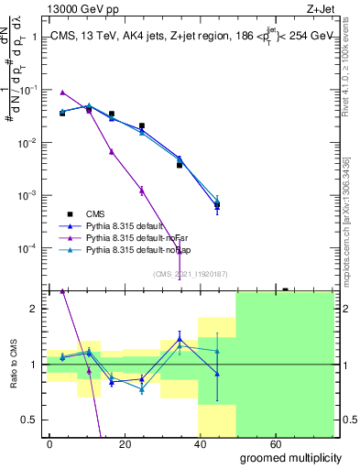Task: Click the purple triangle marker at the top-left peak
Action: (62, 93)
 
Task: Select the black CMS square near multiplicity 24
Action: (142, 125)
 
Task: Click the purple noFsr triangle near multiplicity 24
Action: (142, 191)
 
